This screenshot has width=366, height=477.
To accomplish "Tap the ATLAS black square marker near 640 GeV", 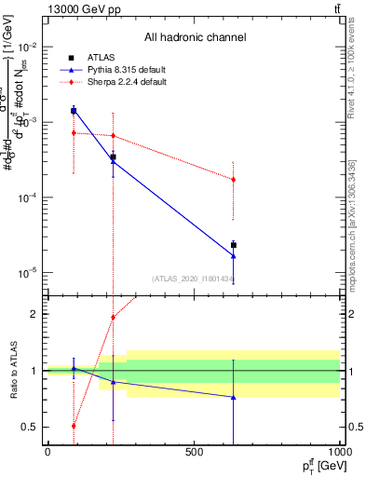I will tap(234, 245).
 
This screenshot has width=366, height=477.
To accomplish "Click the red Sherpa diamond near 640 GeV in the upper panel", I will tap(234, 179).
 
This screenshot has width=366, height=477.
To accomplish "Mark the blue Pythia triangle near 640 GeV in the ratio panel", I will tap(234, 397).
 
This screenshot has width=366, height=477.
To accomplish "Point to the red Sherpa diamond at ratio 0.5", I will tap(74, 426).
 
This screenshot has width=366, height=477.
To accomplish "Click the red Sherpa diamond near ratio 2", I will tap(114, 317).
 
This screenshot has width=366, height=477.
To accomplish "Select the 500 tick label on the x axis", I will tap(195, 452).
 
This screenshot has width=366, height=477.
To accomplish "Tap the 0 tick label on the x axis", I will tap(47, 452).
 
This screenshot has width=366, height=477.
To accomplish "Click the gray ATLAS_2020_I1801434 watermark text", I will tap(194, 279).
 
